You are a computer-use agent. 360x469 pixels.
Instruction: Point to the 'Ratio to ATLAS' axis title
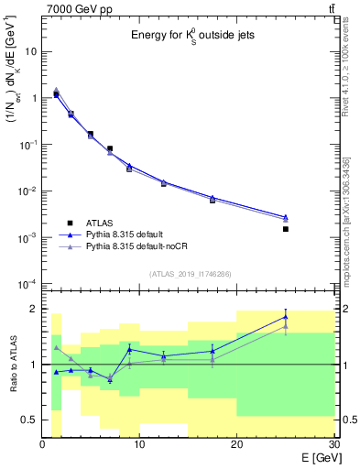point(13,366)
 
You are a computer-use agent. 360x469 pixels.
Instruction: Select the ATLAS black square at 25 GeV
point(286,229)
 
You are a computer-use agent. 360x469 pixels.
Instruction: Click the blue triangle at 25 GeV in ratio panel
point(286,317)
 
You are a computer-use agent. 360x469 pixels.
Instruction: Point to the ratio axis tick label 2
point(33,309)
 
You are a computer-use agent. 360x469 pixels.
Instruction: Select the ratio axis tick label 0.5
point(29,420)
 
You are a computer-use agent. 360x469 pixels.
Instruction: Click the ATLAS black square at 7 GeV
point(110,148)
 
